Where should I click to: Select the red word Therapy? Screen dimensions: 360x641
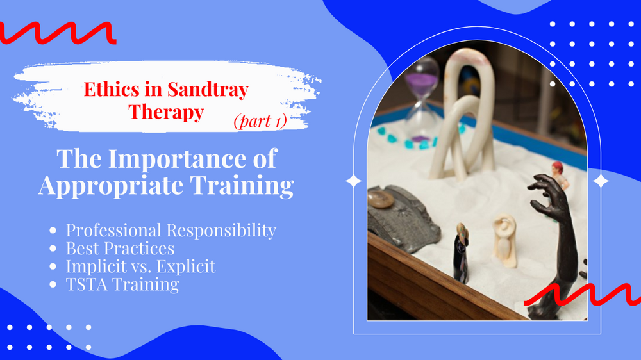click(166, 112)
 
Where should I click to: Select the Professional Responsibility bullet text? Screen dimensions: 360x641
click(171, 230)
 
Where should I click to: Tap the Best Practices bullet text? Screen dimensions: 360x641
click(120, 248)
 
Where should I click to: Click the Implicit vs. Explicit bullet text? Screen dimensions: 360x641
click(140, 266)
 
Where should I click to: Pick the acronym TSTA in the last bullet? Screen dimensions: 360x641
click(87, 284)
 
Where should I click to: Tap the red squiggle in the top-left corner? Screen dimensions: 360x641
click(58, 32)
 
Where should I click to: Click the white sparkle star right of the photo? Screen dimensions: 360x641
click(600, 181)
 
